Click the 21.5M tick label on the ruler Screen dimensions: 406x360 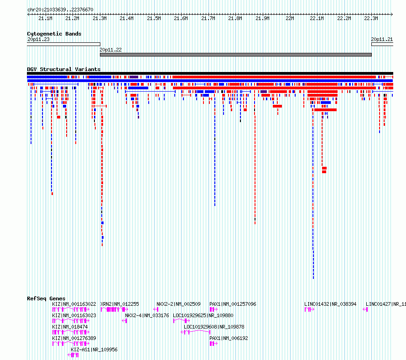tap(154, 18)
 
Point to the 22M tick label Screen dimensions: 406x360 tap(290, 18)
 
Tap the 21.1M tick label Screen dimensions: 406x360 tap(45, 18)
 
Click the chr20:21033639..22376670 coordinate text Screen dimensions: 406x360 tap(60, 10)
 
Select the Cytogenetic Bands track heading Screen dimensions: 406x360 tap(54, 34)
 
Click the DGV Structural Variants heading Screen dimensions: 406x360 tap(64, 69)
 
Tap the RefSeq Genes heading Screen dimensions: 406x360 tap(46, 298)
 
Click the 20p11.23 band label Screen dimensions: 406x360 tap(38, 39)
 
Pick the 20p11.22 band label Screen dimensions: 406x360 tap(110, 50)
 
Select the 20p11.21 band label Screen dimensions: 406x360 tap(382, 39)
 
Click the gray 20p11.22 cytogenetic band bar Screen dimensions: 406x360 tap(236, 55)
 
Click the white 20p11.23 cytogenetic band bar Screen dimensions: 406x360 tap(63, 44)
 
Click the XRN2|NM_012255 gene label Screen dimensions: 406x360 tap(120, 304)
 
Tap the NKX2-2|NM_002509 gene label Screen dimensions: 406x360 tap(178, 304)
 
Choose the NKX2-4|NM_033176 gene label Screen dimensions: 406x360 tap(147, 315)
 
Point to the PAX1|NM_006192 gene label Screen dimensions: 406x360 tap(229, 338)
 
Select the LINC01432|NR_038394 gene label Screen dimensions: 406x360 tap(330, 304)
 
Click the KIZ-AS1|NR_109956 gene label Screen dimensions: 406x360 tap(94, 350)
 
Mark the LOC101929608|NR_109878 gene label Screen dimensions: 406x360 tap(214, 327)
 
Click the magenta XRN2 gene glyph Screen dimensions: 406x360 tap(114, 309)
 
